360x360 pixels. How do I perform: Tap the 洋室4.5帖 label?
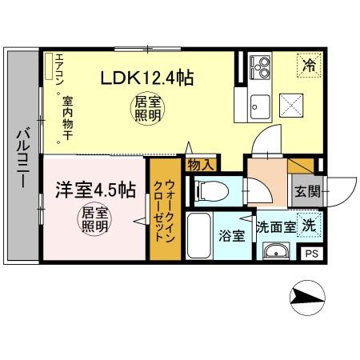pos(94,191)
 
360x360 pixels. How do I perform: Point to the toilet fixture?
pos(210,190)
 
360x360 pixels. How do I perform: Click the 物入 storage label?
pos(201,166)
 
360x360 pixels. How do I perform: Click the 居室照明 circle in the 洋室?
pos(94,219)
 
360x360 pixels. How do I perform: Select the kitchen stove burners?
pos(260,66)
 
